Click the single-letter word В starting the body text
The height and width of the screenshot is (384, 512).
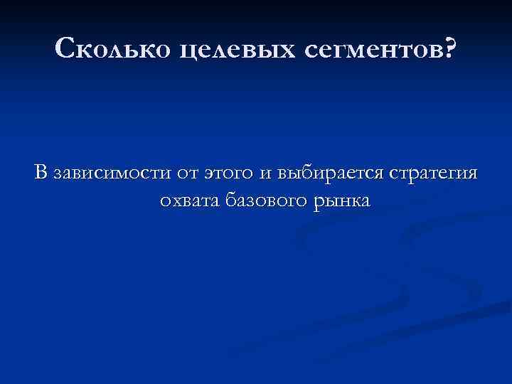click(40, 173)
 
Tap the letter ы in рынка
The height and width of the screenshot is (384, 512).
click(327, 202)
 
